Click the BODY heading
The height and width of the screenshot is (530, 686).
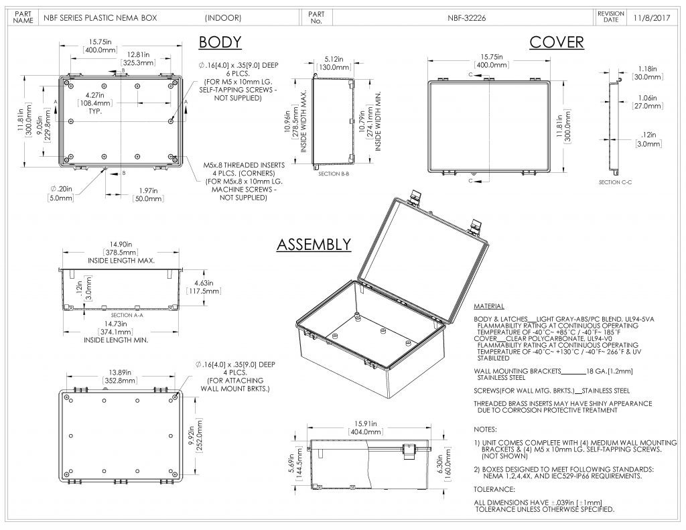point(220,42)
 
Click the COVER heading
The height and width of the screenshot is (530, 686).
point(556,42)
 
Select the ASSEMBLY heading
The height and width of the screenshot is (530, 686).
point(314,245)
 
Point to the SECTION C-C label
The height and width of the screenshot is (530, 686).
point(615,182)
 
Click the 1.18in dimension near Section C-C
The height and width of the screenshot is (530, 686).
point(646,68)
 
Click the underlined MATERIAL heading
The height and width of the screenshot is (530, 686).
point(488,306)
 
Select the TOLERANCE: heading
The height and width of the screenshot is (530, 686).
point(494,489)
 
